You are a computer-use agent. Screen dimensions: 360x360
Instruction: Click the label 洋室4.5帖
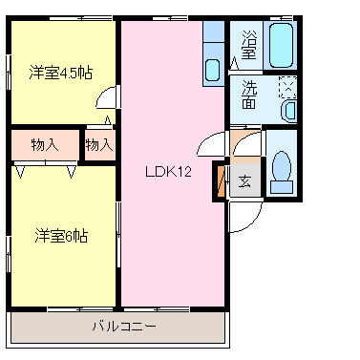point(61,72)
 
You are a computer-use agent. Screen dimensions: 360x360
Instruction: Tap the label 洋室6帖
point(61,235)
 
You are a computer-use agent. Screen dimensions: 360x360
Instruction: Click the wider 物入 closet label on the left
point(44,145)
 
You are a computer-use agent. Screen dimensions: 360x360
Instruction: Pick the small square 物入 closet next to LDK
point(98,145)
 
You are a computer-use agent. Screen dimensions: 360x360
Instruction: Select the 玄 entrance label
point(244,180)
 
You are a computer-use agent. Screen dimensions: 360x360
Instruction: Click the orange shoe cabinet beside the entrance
point(224,180)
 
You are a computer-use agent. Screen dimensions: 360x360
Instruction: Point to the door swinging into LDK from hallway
point(210,145)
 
